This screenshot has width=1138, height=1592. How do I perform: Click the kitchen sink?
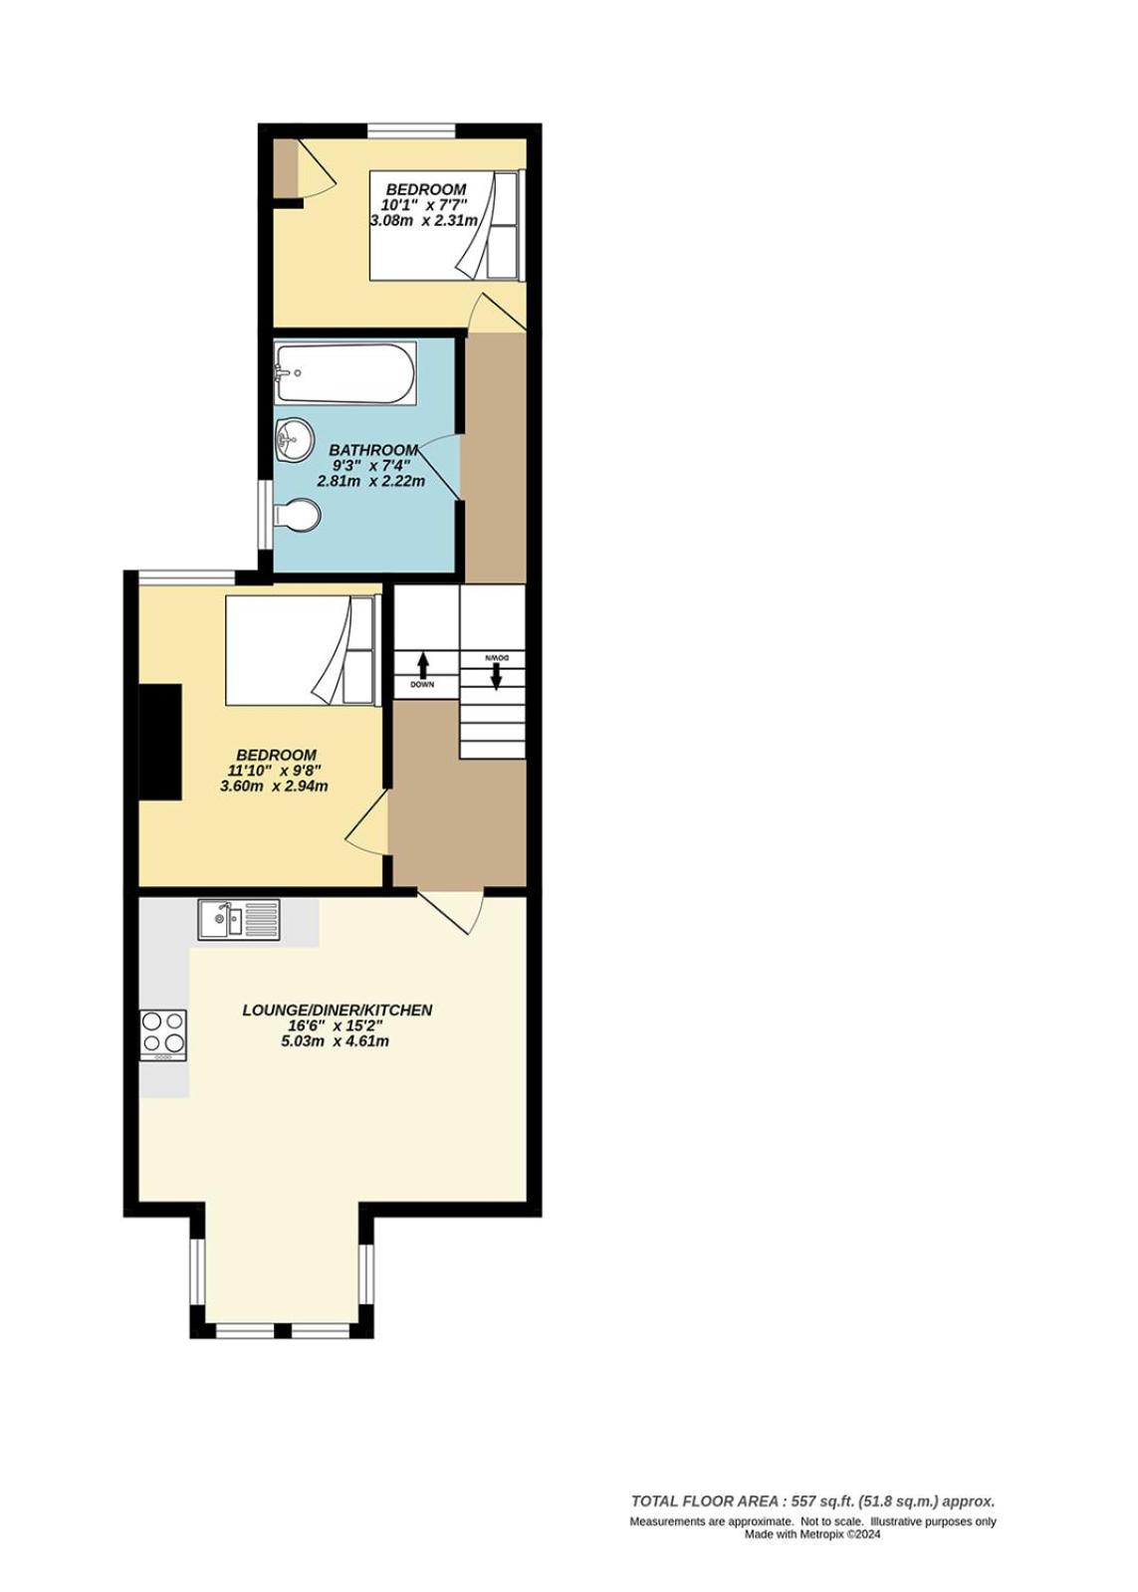coord(239,920)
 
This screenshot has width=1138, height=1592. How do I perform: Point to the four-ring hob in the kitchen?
coord(163,1034)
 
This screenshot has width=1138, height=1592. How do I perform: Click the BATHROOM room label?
coord(372,450)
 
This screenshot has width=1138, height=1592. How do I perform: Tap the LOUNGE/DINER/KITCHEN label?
coord(337,1010)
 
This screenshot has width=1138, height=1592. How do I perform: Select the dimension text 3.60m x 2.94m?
coord(275,787)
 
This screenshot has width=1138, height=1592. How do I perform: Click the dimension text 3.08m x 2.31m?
coord(424,220)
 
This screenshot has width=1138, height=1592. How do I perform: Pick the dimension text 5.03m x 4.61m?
coord(336,1041)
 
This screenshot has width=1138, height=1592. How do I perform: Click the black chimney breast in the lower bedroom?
coord(160,743)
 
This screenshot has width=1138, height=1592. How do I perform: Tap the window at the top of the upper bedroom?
coord(411,130)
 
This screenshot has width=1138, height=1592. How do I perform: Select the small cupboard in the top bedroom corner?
coord(287,168)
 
